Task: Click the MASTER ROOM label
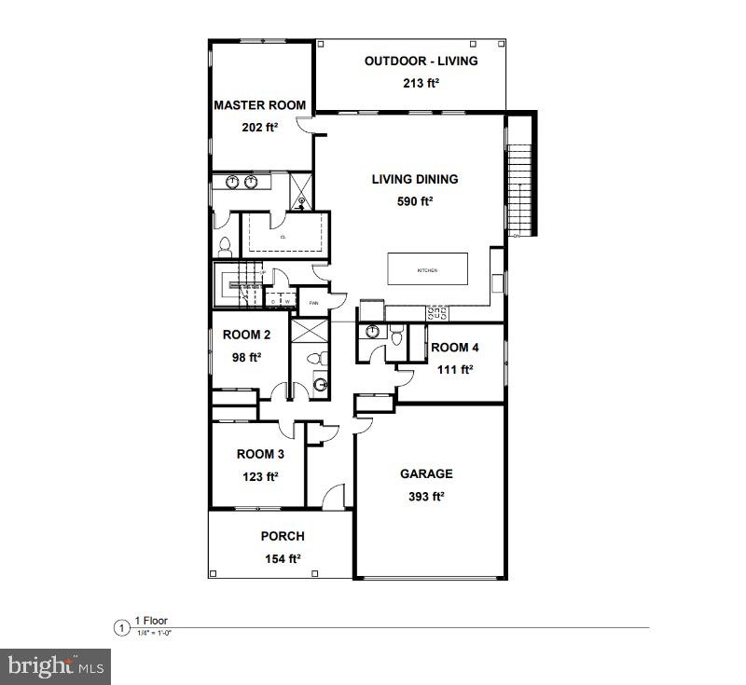click(x=260, y=105)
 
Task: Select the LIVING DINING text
click(x=415, y=179)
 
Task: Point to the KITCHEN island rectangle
click(x=427, y=269)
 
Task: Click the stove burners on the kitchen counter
click(x=436, y=313)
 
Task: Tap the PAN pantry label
click(x=314, y=302)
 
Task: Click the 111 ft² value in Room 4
click(x=455, y=369)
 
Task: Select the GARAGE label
click(x=426, y=474)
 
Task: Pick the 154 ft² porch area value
click(x=281, y=558)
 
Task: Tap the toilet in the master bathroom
click(x=224, y=247)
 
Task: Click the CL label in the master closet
click(x=282, y=237)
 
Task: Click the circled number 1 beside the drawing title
click(x=120, y=627)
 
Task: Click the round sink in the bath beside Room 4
click(x=372, y=332)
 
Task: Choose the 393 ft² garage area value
click(x=426, y=497)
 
